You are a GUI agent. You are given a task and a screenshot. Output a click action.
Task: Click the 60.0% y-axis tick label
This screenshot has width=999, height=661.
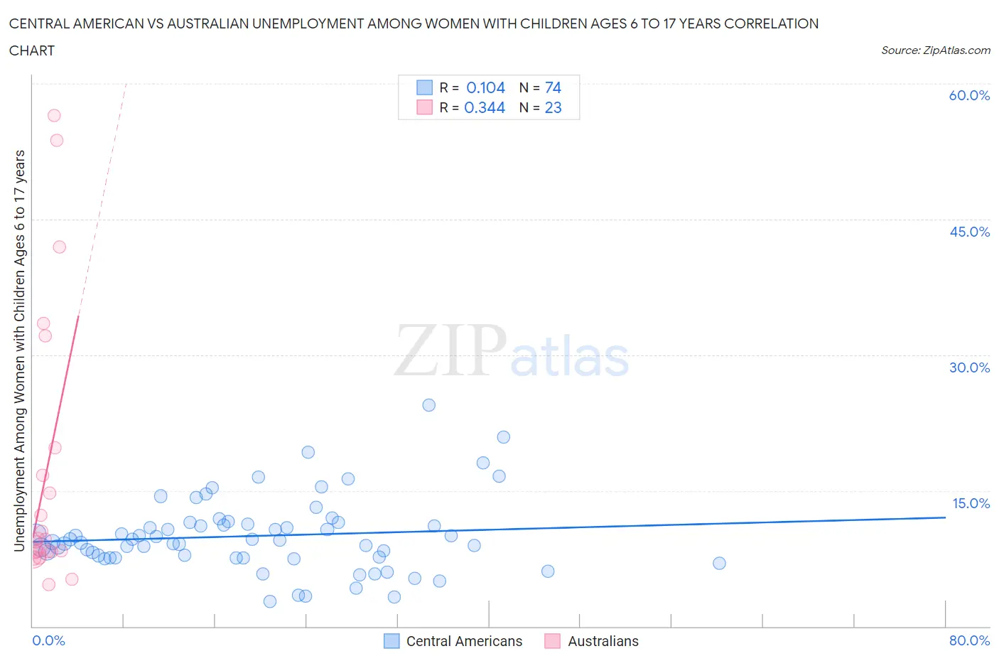(x=969, y=95)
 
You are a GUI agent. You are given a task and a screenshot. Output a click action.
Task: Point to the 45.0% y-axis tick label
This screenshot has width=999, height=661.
(x=969, y=232)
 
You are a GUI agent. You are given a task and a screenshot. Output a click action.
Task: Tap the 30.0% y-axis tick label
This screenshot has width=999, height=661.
(x=969, y=367)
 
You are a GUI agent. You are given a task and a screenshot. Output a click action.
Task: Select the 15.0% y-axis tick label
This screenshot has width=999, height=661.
(x=971, y=503)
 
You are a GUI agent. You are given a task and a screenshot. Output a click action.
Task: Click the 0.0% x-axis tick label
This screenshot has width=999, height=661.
(x=48, y=640)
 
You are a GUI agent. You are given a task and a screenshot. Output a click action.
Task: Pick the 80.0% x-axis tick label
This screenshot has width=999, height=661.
(x=969, y=640)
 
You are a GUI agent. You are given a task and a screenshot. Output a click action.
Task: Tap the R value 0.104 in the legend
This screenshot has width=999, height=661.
(x=485, y=87)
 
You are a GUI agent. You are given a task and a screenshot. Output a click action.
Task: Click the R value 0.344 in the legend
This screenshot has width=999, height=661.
(x=485, y=107)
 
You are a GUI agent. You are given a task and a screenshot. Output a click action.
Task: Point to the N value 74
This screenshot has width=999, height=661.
(x=553, y=87)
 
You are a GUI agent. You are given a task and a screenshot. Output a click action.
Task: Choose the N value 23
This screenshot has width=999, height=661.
(x=553, y=107)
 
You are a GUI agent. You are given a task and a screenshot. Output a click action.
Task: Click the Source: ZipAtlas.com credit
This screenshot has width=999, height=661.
(x=935, y=50)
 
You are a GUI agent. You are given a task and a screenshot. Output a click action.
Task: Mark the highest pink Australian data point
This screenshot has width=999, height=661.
(x=54, y=115)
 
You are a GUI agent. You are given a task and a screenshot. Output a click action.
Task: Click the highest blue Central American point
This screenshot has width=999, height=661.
(x=428, y=405)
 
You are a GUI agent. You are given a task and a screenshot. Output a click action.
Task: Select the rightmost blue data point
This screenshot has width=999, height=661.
(x=719, y=563)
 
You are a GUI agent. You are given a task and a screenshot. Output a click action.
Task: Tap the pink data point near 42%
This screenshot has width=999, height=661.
(x=60, y=247)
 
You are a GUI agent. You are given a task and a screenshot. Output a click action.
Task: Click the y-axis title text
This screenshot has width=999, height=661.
(x=20, y=350)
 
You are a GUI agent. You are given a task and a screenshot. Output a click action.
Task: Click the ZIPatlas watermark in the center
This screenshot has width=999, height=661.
(x=512, y=352)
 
